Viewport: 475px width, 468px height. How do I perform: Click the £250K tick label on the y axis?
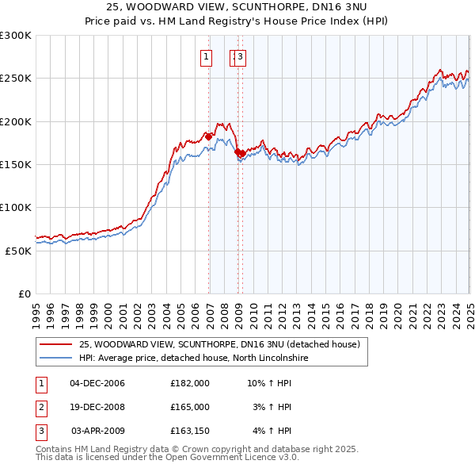[16, 79]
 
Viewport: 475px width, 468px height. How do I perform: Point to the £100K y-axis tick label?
[16, 207]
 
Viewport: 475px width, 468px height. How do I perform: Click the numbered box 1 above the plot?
[206, 56]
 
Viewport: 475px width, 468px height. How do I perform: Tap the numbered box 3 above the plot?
[240, 56]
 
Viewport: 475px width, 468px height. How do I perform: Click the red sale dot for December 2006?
[208, 137]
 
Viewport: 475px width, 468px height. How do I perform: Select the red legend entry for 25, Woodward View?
[219, 344]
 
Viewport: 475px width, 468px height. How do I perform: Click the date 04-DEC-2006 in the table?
[97, 383]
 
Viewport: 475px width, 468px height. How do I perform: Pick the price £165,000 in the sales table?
[190, 407]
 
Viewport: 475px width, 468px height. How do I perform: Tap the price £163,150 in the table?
[190, 431]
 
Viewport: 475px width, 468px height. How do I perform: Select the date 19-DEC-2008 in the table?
[97, 407]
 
